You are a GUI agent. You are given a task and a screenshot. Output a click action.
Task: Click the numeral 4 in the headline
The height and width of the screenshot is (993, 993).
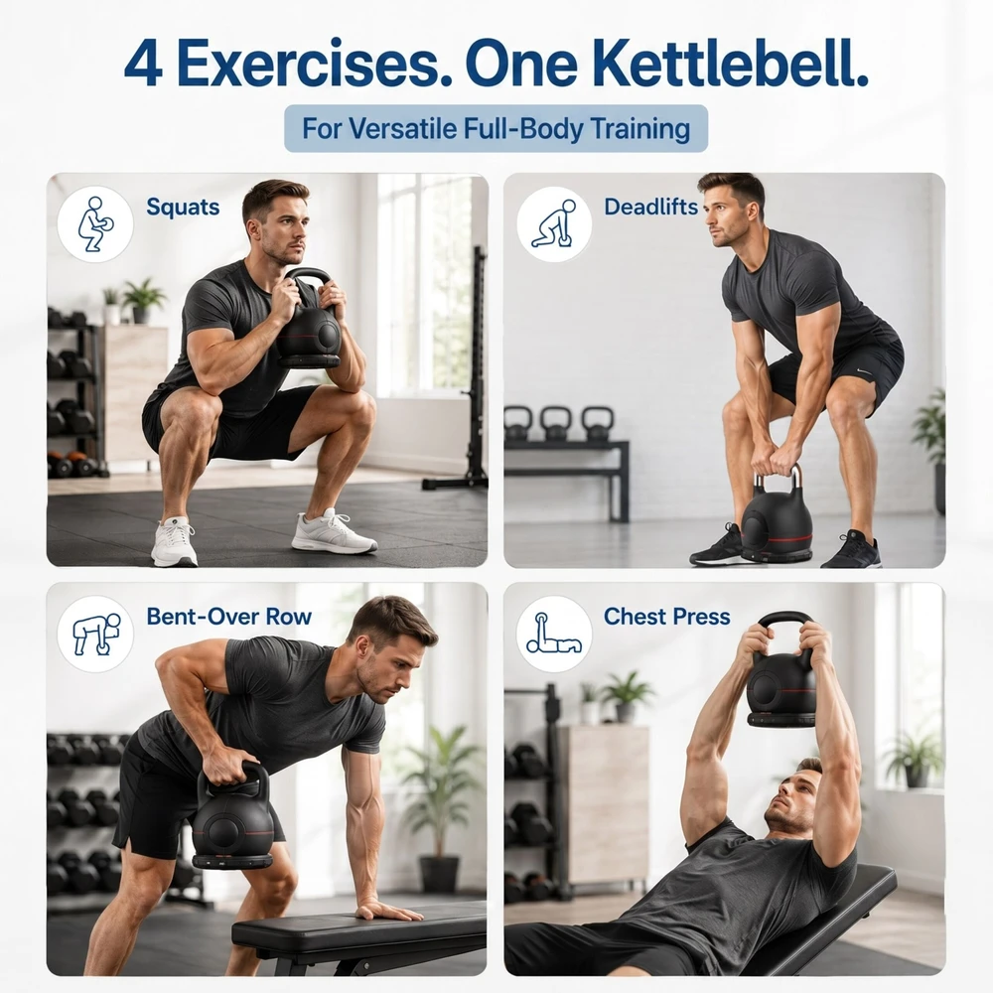coord(143,64)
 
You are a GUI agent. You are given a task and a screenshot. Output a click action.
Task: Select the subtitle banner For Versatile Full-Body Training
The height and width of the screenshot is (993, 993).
coord(496,128)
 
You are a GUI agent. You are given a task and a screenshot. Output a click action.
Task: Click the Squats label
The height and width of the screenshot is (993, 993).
coord(183,208)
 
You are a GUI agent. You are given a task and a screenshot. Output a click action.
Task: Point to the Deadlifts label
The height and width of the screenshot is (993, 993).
coord(650,208)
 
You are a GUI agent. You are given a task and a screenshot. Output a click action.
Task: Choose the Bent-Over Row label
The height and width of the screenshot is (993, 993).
coord(228,617)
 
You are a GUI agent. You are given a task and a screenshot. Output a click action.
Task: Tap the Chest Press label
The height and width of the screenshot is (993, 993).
coord(667,617)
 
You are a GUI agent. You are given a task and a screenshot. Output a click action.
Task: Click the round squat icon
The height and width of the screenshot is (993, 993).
coord(95,224)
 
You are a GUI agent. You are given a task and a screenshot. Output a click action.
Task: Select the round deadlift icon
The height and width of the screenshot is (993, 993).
coord(554,224)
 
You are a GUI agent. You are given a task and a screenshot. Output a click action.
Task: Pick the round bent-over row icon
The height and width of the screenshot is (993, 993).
coord(95,634)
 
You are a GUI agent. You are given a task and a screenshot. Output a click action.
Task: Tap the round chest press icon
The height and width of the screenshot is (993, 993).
coord(554,634)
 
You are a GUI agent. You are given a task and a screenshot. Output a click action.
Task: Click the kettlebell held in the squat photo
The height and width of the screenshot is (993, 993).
coord(309,320)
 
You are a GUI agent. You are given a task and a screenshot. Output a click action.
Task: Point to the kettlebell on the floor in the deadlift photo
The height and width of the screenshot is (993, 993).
coord(777,516)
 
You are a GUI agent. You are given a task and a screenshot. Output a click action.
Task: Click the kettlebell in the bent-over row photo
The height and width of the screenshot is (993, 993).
coord(231,817)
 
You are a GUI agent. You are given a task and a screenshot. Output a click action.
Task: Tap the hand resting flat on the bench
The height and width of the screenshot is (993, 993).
coord(388,912)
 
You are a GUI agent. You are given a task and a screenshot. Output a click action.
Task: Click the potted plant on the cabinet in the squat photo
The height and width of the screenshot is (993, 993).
coord(142,300)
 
